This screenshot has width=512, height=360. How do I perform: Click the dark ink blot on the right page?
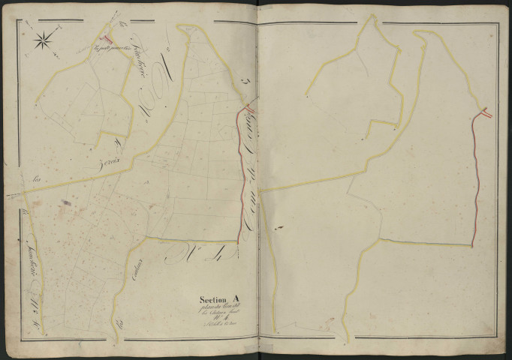tap(279, 226)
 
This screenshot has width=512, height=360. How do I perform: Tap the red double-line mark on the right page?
tap(486, 113)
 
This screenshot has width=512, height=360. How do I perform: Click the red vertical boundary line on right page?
tap(477, 180)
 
